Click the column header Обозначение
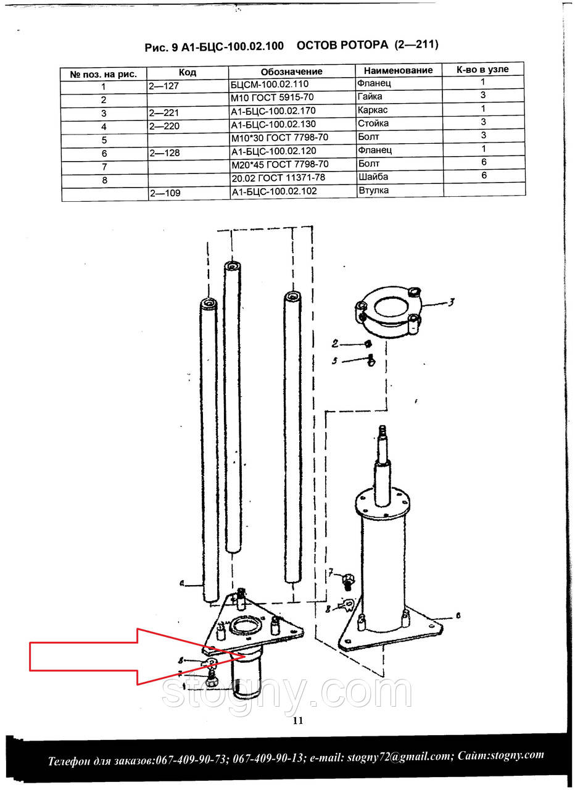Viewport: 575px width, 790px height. click(x=291, y=72)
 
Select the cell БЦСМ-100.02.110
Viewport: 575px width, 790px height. click(x=270, y=85)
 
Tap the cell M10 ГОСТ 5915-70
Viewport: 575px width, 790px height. click(x=272, y=98)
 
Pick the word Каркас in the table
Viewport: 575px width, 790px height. click(x=373, y=110)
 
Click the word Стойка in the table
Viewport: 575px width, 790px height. click(x=373, y=123)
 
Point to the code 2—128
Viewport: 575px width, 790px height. click(x=164, y=153)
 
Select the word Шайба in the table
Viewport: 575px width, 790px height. click(x=373, y=177)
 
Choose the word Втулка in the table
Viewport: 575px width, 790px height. click(x=374, y=191)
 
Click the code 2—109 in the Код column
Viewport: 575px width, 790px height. click(x=165, y=193)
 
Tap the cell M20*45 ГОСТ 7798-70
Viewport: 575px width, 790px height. click(x=280, y=164)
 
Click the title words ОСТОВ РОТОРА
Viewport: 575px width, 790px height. click(x=342, y=45)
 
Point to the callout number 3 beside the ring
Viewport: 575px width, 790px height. click(x=451, y=302)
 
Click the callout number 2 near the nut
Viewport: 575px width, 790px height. click(x=335, y=344)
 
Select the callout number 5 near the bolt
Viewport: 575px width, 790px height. click(x=334, y=361)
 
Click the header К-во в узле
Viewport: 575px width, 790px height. click(x=482, y=70)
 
